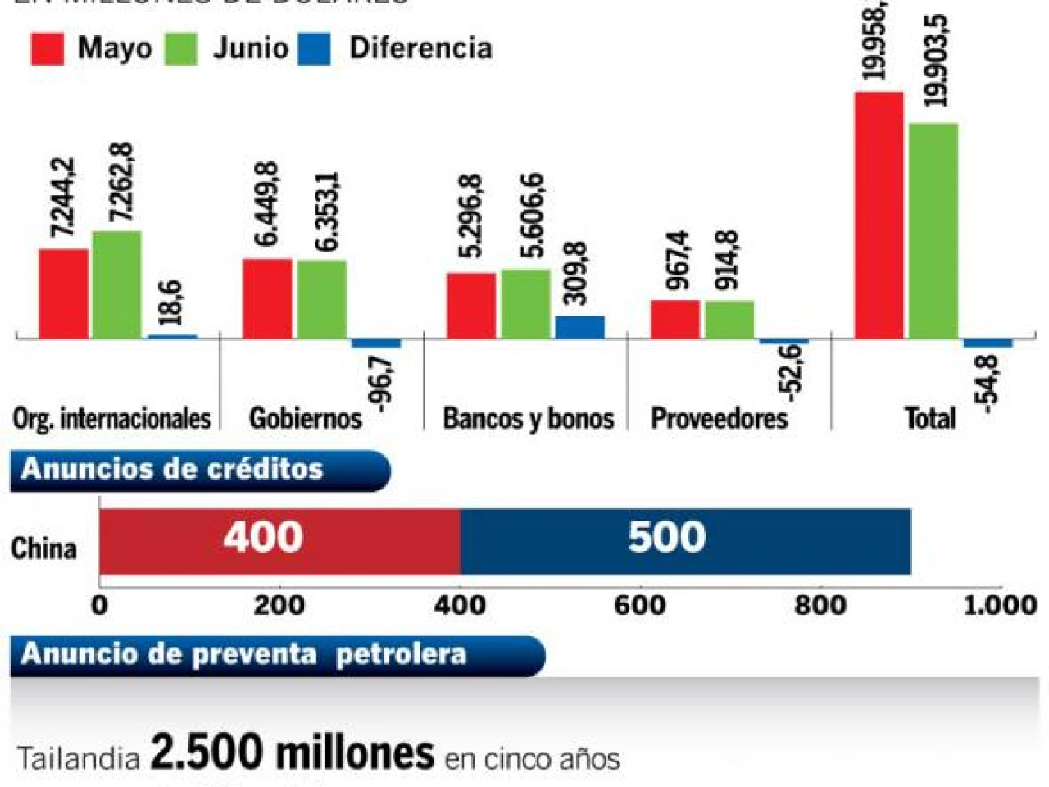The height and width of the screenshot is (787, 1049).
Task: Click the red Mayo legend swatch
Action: (x=48, y=48)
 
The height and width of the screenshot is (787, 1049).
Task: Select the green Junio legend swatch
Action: (x=181, y=48)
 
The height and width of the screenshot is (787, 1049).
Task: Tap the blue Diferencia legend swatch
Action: (x=315, y=48)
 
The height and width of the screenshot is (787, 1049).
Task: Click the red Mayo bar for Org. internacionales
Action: (x=64, y=293)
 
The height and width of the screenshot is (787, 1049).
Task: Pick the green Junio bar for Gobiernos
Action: (x=321, y=299)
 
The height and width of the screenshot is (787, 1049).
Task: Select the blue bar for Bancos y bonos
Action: (x=579, y=327)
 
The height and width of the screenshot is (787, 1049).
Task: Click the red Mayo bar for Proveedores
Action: (x=675, y=319)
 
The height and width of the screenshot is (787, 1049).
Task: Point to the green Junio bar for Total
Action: (x=933, y=230)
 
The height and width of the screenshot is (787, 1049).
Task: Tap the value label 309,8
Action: (x=576, y=274)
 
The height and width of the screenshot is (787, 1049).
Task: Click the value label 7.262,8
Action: (x=121, y=182)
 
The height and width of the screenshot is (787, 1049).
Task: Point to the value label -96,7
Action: (x=382, y=381)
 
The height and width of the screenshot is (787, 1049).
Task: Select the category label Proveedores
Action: (x=719, y=418)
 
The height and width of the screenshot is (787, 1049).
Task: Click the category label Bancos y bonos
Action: (x=529, y=418)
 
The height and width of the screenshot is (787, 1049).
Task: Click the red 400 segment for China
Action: (x=279, y=541)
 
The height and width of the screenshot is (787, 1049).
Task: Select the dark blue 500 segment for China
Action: (x=685, y=541)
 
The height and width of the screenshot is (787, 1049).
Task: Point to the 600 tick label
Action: (x=640, y=605)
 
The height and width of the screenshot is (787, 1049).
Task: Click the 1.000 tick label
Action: (x=1000, y=605)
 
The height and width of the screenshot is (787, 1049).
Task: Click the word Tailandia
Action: (x=79, y=758)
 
